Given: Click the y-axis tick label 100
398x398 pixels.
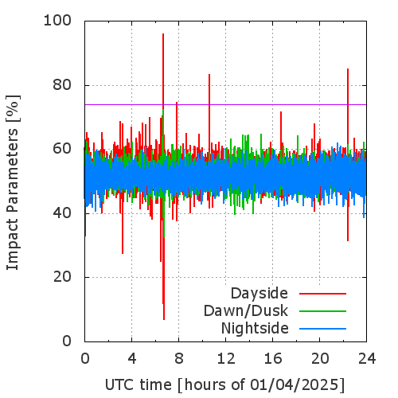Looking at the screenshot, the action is point(57,21).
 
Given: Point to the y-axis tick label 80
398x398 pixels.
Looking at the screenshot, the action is point(62,85).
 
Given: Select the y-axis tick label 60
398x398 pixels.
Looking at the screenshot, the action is point(62,149).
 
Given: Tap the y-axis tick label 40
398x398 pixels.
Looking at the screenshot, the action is point(62,213).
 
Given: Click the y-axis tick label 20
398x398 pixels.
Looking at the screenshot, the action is point(62,277).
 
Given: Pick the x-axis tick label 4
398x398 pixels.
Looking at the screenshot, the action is point(132,359).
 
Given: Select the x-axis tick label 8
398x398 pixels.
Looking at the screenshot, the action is point(179,359).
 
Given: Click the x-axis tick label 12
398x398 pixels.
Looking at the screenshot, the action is point(226,359).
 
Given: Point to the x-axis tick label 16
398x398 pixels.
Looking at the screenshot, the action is point(273,359).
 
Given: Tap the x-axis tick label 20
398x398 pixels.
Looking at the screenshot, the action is point(320,359).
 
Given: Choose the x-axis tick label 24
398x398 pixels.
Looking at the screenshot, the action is point(367,359).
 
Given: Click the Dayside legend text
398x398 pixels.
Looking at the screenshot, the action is point(259,294).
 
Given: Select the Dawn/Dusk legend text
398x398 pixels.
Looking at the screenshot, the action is point(246,310).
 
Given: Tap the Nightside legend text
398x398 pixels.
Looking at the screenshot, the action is point(255,329).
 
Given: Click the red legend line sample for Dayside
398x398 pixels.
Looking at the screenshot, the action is point(322,294).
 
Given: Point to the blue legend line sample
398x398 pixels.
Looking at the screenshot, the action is point(322,329).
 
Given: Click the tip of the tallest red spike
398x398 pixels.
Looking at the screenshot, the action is point(163,33).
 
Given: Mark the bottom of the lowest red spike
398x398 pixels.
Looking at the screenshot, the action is point(164,320).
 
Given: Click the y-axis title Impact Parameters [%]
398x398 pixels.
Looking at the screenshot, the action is point(13,182).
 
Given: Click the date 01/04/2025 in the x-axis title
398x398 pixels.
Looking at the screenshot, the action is point(293,385).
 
